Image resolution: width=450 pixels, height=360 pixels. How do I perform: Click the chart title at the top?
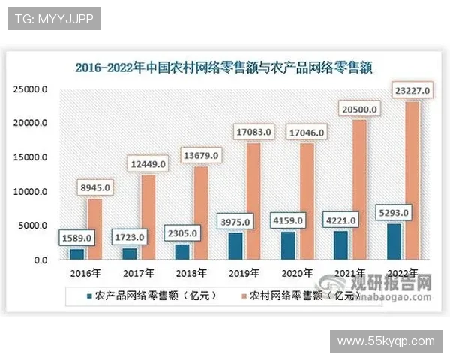(225, 67)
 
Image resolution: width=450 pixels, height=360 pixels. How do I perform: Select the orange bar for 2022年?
(412, 180)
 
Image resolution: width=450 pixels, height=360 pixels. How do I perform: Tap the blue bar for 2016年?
(77, 254)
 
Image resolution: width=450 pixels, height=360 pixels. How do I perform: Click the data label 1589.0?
(76, 238)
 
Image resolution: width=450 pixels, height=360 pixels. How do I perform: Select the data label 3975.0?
(235, 222)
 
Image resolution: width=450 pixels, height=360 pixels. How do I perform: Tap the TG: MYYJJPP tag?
(54, 19)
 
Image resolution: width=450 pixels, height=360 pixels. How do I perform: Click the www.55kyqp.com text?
(386, 341)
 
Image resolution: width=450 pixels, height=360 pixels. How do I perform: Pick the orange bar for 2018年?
(200, 213)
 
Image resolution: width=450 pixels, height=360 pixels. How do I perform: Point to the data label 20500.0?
(358, 109)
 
